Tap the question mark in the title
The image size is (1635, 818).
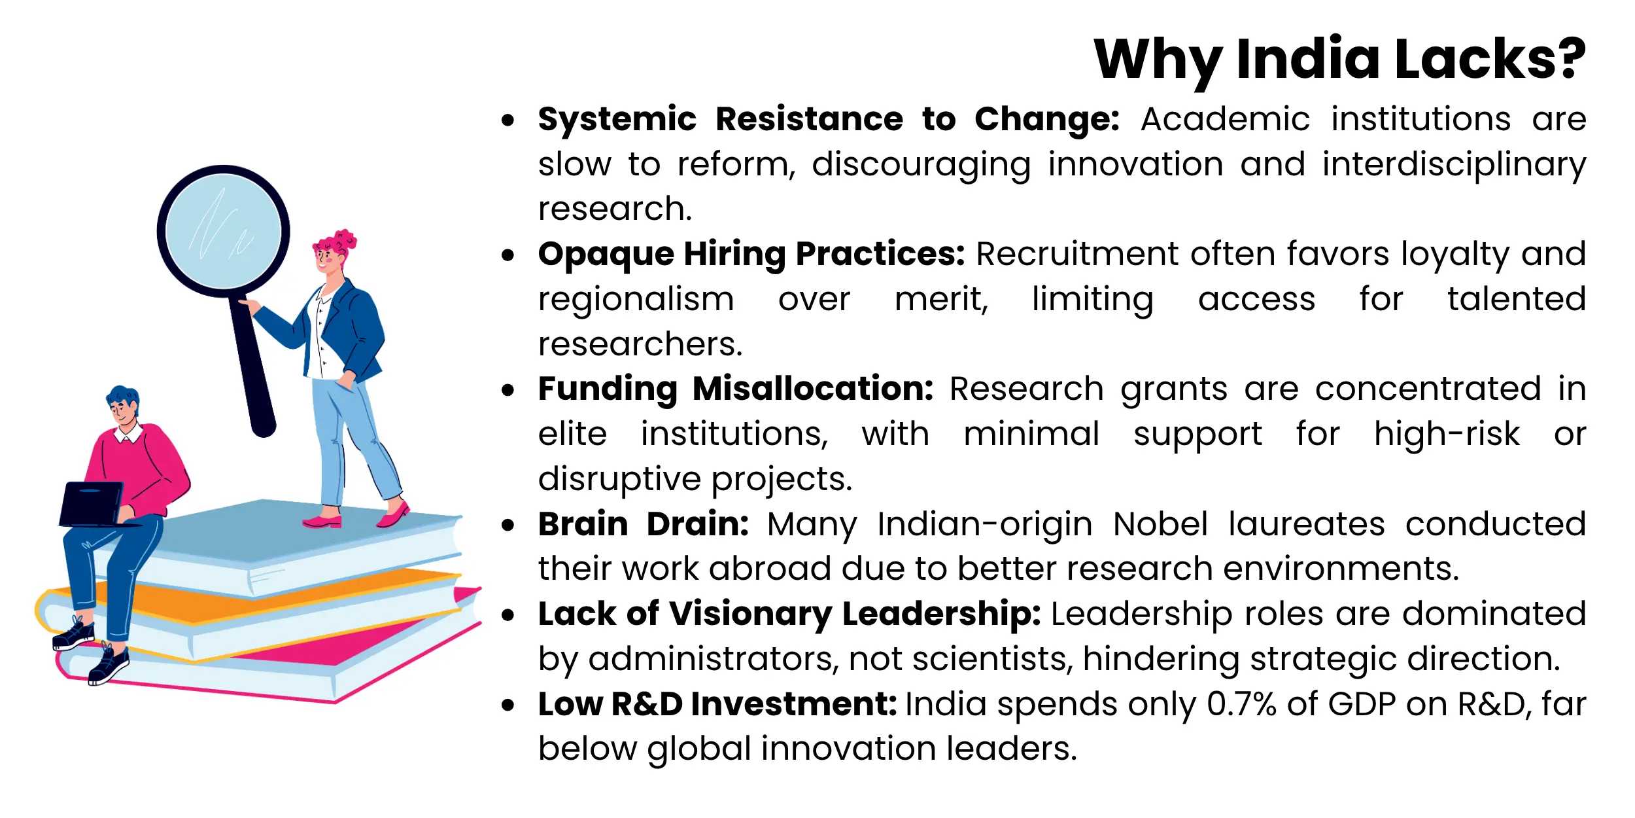[x=1565, y=58]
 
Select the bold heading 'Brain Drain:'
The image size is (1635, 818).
[x=644, y=524]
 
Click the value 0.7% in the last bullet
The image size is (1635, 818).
[x=1241, y=704]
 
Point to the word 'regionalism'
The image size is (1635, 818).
[x=636, y=300]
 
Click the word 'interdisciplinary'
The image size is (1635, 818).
[x=1454, y=165]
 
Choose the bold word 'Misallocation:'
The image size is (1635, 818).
[x=813, y=389]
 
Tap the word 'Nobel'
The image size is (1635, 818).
[x=1160, y=524]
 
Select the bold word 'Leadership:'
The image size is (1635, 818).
[x=941, y=614]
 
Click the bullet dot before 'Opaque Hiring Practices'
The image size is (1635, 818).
[x=508, y=255]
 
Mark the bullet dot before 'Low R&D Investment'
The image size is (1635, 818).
[x=508, y=705]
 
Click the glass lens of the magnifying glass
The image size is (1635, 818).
[x=224, y=231]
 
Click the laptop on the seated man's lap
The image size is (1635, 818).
[x=92, y=504]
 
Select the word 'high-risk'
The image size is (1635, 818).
[x=1447, y=434]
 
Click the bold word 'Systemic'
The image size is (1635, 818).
[x=617, y=120]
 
